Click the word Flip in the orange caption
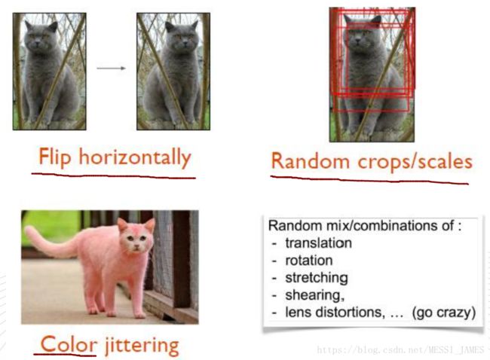[x=55, y=158]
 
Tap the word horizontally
[x=135, y=157]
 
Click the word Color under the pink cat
[x=69, y=344]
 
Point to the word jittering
[x=142, y=346]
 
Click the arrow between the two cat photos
[x=112, y=68]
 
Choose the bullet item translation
[x=318, y=243]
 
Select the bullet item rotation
[x=309, y=261]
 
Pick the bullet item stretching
[x=317, y=278]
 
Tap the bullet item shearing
[x=314, y=295]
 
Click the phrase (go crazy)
[x=444, y=313]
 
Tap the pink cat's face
[x=136, y=239]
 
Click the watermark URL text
[x=400, y=350]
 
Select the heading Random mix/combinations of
[x=364, y=225]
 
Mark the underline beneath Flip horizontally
[x=113, y=175]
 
